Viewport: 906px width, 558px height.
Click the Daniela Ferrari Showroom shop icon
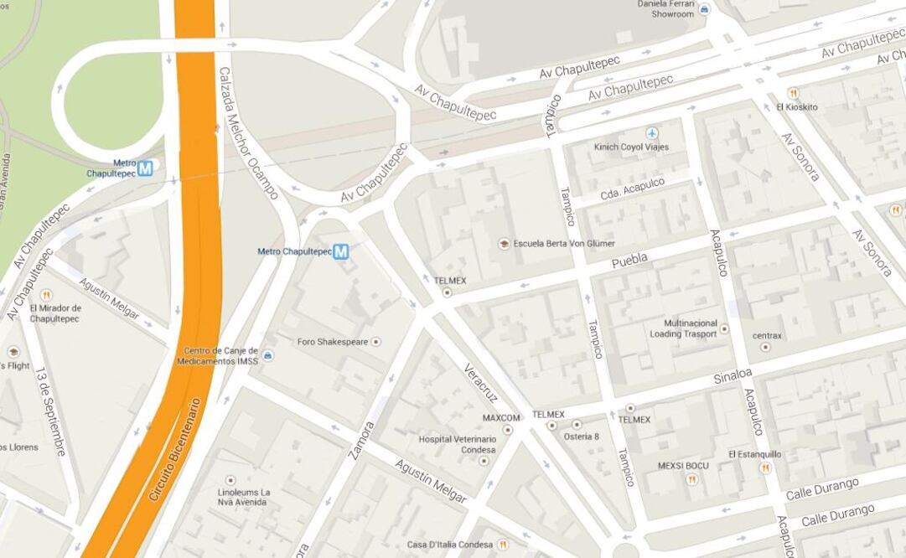[x=704, y=10]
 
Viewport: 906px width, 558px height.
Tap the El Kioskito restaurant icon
[x=793, y=93]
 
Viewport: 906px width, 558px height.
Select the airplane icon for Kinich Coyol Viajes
[x=652, y=133]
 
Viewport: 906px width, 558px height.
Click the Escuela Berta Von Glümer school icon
[x=504, y=244]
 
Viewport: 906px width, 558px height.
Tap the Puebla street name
[x=629, y=261]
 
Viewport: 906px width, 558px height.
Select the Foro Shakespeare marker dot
[x=376, y=342]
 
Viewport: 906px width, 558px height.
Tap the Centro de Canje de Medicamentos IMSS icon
[x=267, y=355]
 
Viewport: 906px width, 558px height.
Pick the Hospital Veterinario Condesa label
[x=457, y=444]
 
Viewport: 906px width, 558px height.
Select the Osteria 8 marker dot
[x=577, y=425]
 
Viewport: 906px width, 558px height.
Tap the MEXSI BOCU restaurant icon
[x=691, y=479]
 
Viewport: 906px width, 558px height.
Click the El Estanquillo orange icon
[x=764, y=468]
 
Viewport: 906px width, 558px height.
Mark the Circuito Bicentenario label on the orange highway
[x=175, y=450]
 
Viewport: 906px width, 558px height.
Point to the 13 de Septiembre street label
[x=50, y=411]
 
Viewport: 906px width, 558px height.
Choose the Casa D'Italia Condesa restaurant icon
[x=503, y=545]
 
